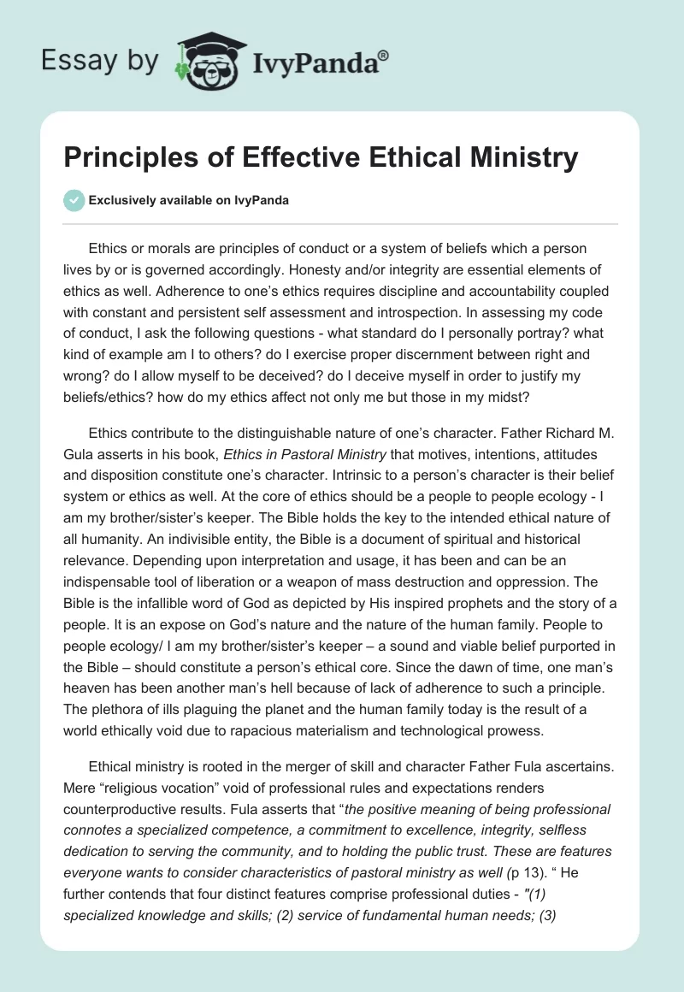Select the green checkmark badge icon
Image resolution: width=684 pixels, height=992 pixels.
tap(74, 200)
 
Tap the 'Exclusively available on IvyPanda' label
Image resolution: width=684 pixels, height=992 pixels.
tap(189, 200)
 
